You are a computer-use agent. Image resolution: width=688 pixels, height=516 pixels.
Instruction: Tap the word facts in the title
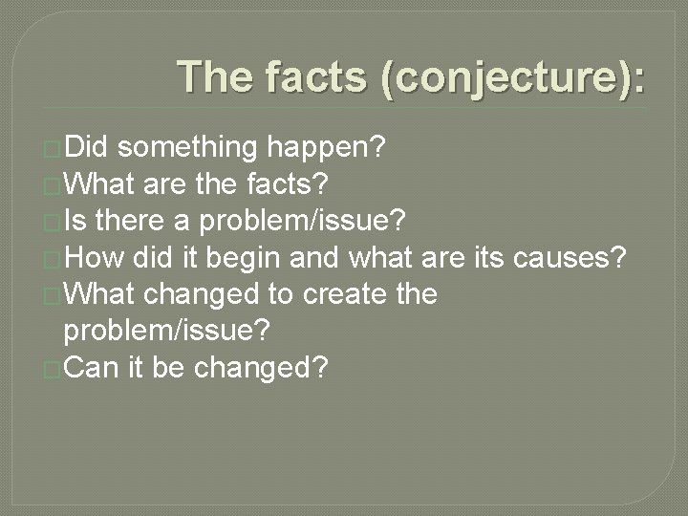click(322, 76)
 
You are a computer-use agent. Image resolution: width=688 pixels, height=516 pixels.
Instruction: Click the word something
click(188, 147)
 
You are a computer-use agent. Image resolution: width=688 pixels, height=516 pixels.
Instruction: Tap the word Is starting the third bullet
click(75, 222)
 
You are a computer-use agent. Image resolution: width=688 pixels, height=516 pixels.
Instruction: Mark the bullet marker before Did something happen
click(54, 149)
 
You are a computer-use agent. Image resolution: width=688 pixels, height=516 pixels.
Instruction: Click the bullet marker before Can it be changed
click(54, 369)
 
